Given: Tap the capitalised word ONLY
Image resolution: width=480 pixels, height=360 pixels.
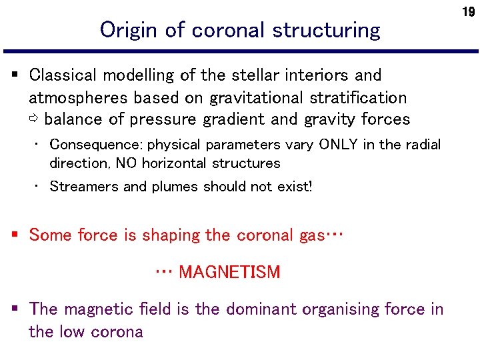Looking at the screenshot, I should point(339,145).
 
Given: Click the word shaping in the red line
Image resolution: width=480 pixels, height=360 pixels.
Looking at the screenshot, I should point(153,235).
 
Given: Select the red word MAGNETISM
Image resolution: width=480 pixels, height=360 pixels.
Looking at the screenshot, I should point(229,272).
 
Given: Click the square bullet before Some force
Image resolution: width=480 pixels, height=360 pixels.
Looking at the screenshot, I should point(15,235).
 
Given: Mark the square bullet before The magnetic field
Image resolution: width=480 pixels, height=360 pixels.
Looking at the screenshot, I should point(15,309).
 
